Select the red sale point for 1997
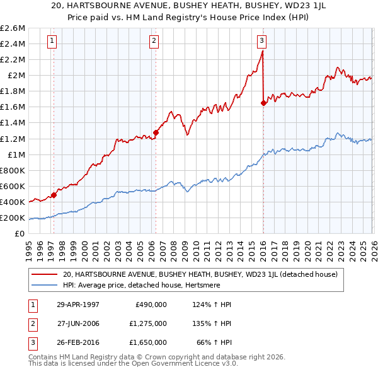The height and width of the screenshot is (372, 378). coord(54,195)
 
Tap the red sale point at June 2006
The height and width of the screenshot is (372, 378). coord(156,133)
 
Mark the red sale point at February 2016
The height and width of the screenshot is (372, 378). coord(263,103)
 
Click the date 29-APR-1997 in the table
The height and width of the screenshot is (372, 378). coord(77,304)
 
